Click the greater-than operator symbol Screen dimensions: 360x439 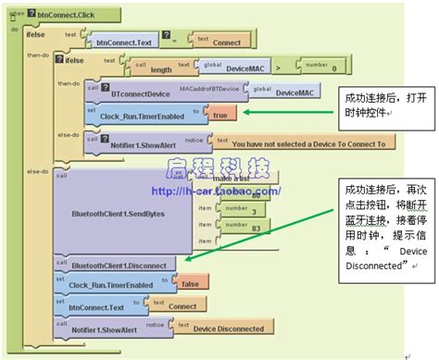click(281, 66)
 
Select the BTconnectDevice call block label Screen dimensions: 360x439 click(141, 93)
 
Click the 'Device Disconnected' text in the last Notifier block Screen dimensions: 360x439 click(231, 328)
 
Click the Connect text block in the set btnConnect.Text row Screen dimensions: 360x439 click(182, 306)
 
